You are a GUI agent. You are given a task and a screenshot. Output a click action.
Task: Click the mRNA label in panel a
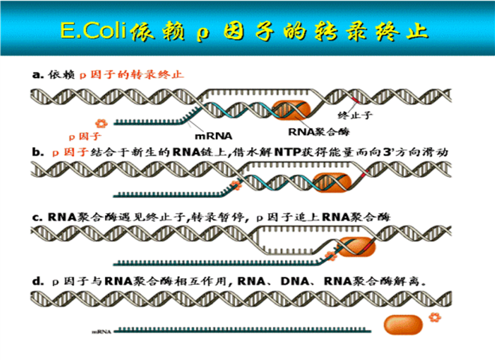coord(214,136)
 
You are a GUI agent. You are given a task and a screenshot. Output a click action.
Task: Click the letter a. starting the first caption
coord(36,75)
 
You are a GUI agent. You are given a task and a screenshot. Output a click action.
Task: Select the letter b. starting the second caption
coord(36,151)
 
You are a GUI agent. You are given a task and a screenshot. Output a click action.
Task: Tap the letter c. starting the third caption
coord(36,217)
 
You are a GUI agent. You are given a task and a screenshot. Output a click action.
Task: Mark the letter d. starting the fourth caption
coord(36,282)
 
